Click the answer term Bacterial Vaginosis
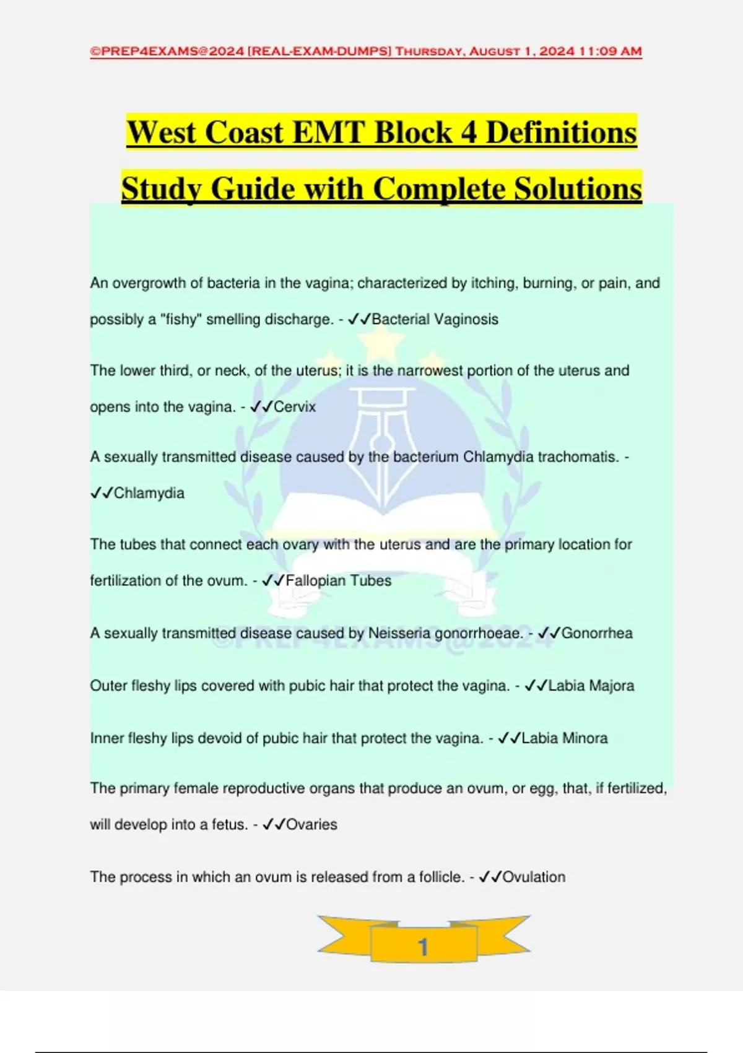(x=435, y=320)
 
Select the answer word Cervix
(x=295, y=407)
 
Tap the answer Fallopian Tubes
(x=338, y=581)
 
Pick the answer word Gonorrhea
(x=597, y=633)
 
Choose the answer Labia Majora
(x=591, y=686)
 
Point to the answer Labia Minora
(x=565, y=738)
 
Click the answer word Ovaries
(x=311, y=824)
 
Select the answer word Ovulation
(x=534, y=877)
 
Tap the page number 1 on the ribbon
(x=423, y=946)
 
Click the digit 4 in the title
(x=469, y=133)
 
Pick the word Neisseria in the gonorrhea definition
(x=399, y=633)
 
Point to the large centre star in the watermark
(x=382, y=343)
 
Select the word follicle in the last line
(x=441, y=877)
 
